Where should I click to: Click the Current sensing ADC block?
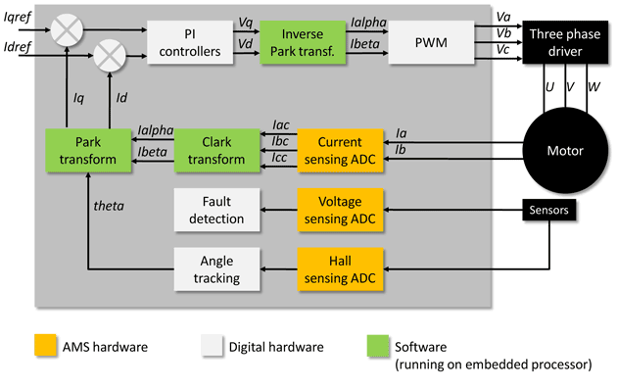tap(336, 151)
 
